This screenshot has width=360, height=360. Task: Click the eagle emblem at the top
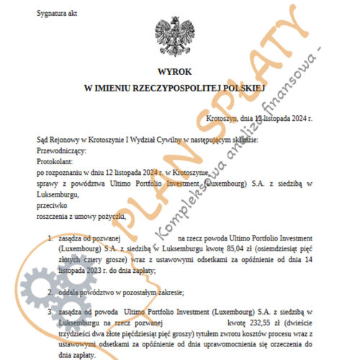[175, 36]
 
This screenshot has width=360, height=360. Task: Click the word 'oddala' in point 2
[69, 292]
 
